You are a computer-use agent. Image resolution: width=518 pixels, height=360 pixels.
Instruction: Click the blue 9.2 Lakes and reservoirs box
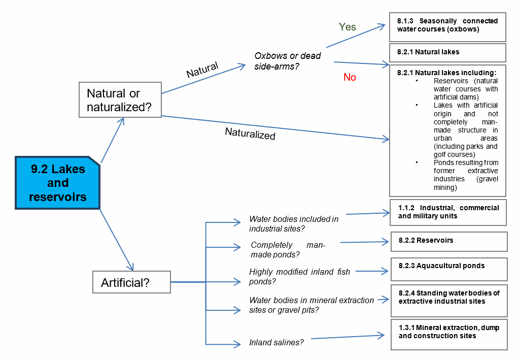point(57,183)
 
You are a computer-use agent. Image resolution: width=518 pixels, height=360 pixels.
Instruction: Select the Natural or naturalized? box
point(119,100)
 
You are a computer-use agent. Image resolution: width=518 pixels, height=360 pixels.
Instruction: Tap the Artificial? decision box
point(131,282)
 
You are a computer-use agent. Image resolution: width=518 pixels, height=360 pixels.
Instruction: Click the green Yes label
point(348,27)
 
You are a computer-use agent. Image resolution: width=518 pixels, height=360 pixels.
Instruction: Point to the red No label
point(350,77)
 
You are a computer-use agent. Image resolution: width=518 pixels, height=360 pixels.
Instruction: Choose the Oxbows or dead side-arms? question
point(288,61)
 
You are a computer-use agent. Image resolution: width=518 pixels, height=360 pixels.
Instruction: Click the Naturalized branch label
point(250,134)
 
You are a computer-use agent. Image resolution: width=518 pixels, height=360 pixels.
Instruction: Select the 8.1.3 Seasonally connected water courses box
point(447,26)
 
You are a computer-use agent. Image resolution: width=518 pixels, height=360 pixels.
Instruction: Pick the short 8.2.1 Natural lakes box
point(447,52)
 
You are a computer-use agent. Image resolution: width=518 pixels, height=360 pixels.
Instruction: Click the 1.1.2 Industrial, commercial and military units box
point(448,212)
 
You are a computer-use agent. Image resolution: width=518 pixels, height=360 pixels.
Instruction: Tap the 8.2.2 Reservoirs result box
point(449,241)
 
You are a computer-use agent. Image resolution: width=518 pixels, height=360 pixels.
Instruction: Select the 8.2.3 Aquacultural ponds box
point(449,270)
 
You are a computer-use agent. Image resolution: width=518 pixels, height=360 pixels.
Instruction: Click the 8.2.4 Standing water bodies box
point(449,301)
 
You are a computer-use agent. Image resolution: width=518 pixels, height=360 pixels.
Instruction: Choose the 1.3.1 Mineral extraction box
point(449,334)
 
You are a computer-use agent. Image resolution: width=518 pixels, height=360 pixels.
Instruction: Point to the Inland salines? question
point(276,342)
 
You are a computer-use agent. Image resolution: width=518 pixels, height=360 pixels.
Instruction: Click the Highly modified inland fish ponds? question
point(299,277)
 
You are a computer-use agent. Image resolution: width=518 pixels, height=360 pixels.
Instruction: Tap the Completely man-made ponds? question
point(288,250)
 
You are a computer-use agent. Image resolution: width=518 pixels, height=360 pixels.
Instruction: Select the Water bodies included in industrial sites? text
point(294,224)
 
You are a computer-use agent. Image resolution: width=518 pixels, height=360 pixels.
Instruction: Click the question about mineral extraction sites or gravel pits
point(311,305)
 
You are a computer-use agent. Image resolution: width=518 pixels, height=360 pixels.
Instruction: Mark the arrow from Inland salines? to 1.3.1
point(348,337)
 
